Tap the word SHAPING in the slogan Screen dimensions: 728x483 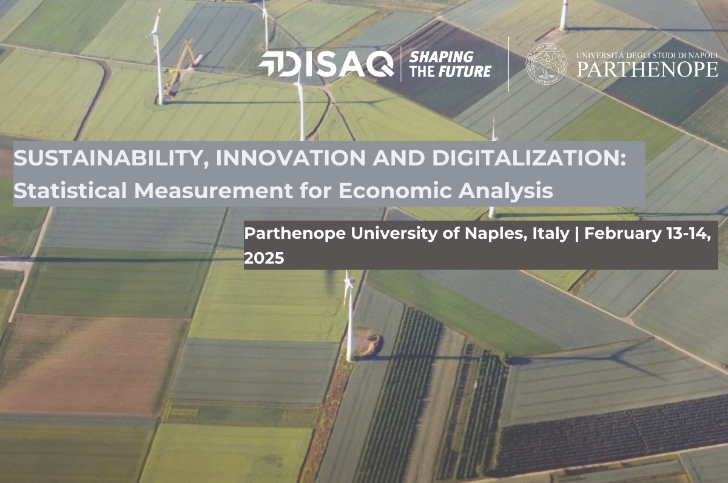point(441,57)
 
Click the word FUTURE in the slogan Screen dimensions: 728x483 point(465,71)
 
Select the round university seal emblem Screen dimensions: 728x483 point(547,64)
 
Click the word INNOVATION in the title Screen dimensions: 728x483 point(291,158)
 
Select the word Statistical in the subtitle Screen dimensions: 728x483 point(70,190)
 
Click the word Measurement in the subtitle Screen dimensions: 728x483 point(214,190)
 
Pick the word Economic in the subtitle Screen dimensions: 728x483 point(395,190)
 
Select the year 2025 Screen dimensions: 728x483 point(264,258)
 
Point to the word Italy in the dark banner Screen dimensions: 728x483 point(551,234)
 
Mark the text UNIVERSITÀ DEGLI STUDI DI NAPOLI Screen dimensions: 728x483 point(647,55)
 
